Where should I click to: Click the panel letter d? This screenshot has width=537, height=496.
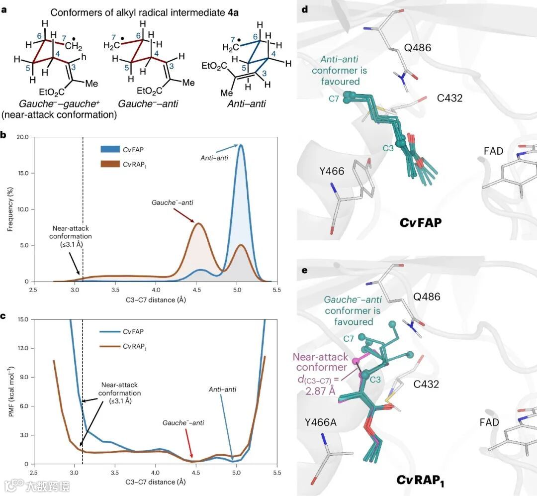pyautogui.click(x=300, y=9)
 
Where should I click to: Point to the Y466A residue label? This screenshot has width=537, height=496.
pyautogui.click(x=324, y=422)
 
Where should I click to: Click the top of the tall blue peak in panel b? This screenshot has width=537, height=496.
pyautogui.click(x=241, y=145)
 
